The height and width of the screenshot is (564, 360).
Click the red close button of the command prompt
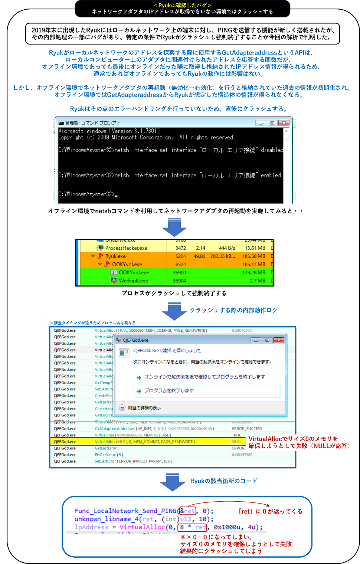click(x=284, y=123)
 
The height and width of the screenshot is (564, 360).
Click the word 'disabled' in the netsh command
click(x=272, y=150)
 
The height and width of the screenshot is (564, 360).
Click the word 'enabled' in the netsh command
click(x=271, y=175)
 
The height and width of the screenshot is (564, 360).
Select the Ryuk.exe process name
click(x=115, y=256)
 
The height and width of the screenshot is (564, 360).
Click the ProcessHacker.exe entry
click(x=126, y=248)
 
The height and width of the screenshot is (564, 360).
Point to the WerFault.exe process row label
click(x=133, y=281)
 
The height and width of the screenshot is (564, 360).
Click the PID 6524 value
click(x=180, y=264)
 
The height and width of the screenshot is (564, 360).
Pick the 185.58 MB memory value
click(x=254, y=256)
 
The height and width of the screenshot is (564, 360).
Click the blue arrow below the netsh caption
click(x=174, y=227)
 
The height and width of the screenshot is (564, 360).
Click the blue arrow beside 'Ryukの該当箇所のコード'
click(x=173, y=482)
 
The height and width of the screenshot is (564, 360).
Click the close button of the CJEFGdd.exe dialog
click(x=278, y=340)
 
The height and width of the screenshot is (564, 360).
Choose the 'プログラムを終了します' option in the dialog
click(x=169, y=390)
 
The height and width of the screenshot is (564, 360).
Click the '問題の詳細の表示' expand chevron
click(x=122, y=407)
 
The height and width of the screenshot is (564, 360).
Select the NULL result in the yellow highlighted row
click(x=236, y=442)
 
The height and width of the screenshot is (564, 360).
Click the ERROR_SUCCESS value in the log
click(x=247, y=429)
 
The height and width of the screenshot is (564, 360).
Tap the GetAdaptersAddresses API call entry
click(x=115, y=429)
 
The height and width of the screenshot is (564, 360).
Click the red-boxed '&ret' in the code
click(x=187, y=511)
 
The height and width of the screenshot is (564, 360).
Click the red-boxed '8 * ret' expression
click(x=192, y=527)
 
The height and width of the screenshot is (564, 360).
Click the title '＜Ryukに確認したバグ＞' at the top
click(x=182, y=5)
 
